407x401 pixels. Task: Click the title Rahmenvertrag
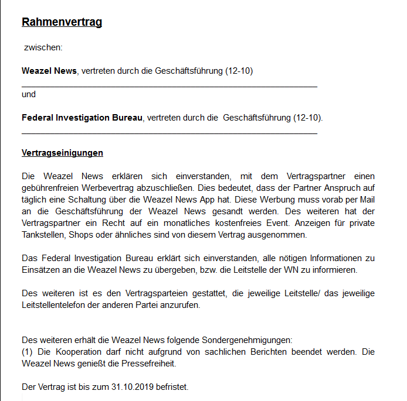[x=62, y=22]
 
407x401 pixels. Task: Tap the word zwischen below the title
[x=43, y=47]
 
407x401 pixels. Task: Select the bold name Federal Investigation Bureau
[x=82, y=118]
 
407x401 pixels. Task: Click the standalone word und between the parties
[x=29, y=94]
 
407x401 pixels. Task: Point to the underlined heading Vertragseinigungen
[x=62, y=153]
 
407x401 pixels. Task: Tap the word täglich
[x=34, y=200]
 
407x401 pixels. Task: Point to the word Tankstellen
[x=43, y=235]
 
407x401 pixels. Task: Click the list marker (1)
[x=28, y=352]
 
